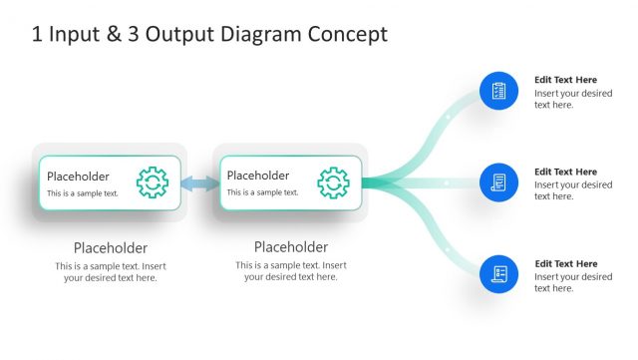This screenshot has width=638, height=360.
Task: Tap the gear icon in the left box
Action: tap(153, 182)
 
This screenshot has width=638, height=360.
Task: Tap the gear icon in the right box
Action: tap(333, 182)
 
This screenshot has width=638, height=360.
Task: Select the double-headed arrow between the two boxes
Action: tap(199, 183)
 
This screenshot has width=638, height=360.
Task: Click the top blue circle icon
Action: tap(498, 91)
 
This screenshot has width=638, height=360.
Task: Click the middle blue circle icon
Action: tap(498, 183)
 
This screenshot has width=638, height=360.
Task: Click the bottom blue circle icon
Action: tap(498, 274)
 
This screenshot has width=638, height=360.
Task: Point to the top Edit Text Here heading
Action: tap(565, 80)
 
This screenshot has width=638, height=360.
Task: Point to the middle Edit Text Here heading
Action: tap(565, 172)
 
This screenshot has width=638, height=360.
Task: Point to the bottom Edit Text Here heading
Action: tap(565, 264)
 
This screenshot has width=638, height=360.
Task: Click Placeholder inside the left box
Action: tap(78, 177)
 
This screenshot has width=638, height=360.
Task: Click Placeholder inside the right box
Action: tap(258, 177)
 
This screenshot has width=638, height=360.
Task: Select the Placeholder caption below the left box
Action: tap(111, 248)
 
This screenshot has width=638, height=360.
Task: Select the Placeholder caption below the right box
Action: tap(291, 248)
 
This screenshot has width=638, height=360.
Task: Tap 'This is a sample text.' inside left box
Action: tap(83, 192)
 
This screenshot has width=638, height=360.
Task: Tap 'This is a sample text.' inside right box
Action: tap(262, 192)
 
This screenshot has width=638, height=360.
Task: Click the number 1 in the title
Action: tap(37, 35)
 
